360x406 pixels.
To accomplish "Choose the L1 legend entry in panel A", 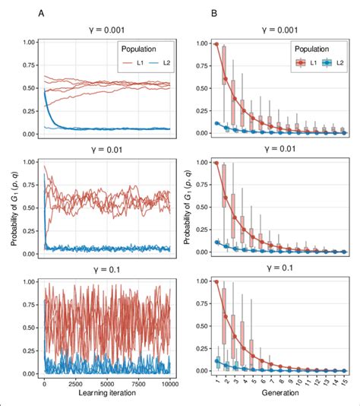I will [131, 66].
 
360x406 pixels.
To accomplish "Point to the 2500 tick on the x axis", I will [77, 385].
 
